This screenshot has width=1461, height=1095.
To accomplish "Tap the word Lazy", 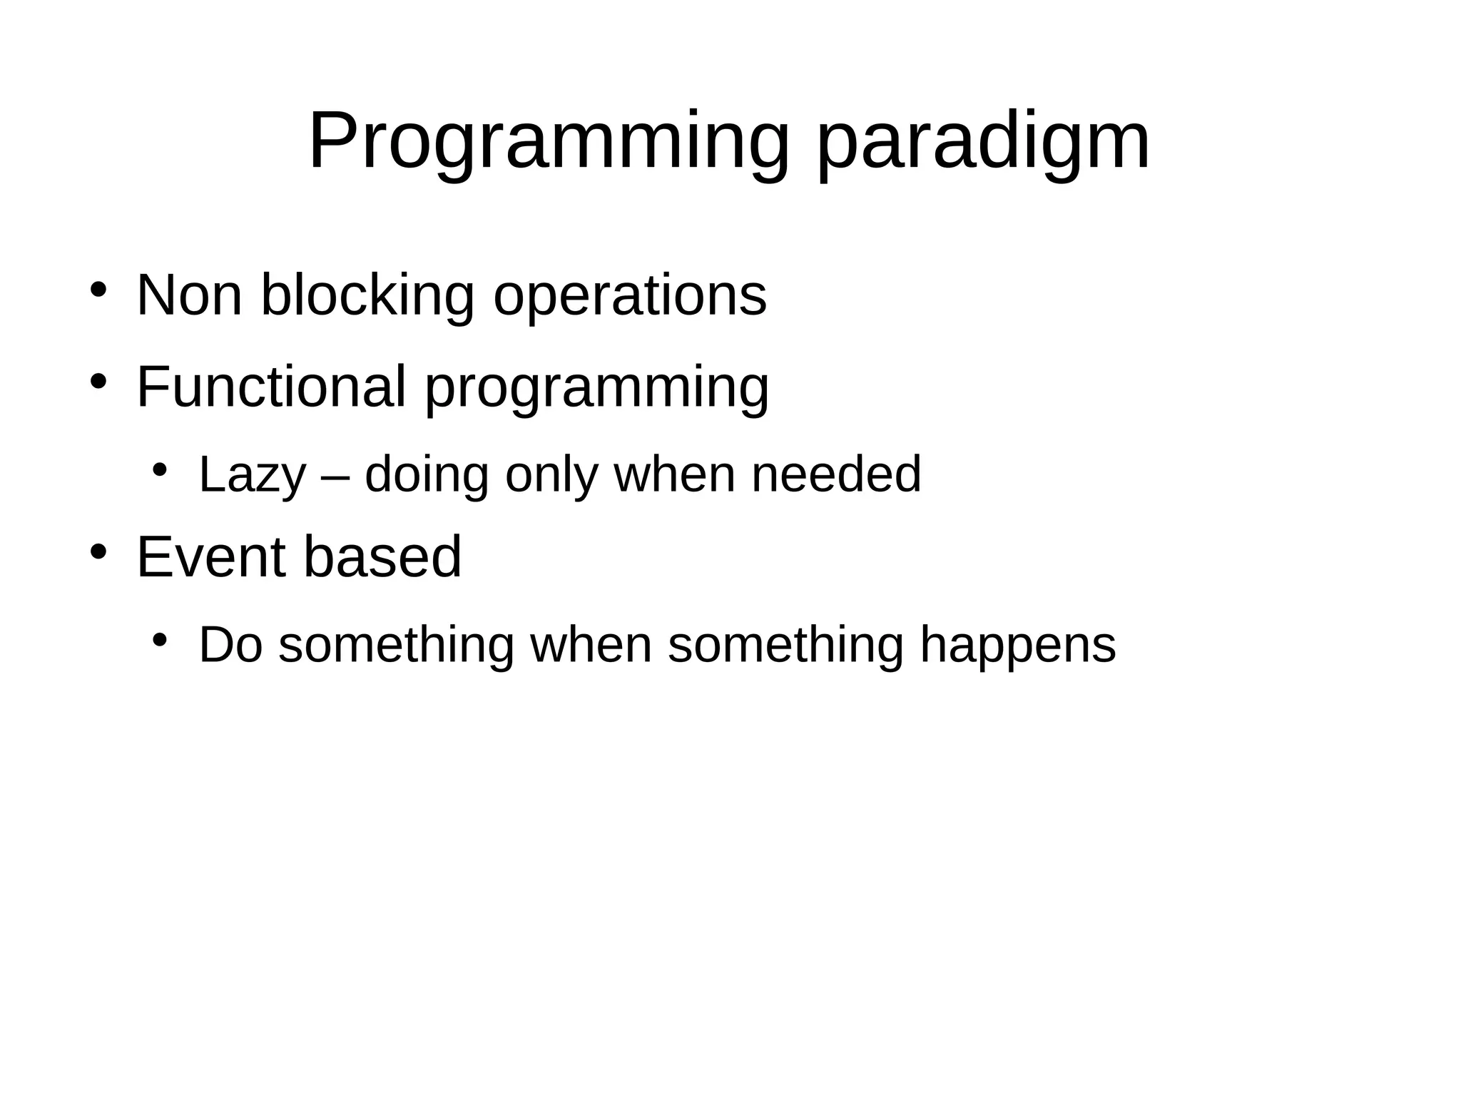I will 252,475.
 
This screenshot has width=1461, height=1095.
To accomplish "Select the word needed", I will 836,475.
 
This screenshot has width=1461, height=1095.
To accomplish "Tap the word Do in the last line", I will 230,645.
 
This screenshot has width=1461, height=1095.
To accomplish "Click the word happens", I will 1018,646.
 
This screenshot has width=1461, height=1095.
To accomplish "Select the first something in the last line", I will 396,645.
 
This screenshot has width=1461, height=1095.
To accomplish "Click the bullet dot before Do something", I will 160,639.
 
